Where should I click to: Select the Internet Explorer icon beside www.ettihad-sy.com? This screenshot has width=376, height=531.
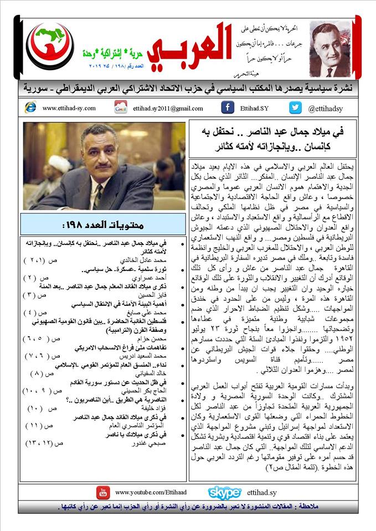[x=30, y=108]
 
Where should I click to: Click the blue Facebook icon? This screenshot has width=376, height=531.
[x=227, y=107]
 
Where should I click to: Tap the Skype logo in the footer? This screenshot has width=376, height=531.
[x=224, y=492]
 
